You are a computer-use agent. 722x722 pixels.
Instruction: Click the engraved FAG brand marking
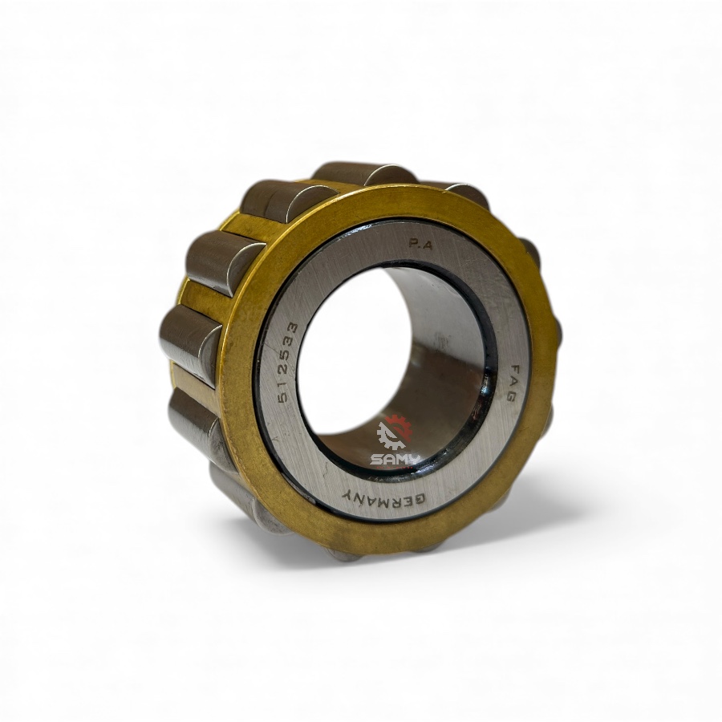[x=509, y=383]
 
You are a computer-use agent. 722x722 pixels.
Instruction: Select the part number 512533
[x=288, y=363]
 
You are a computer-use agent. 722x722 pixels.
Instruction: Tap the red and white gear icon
[x=394, y=431]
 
